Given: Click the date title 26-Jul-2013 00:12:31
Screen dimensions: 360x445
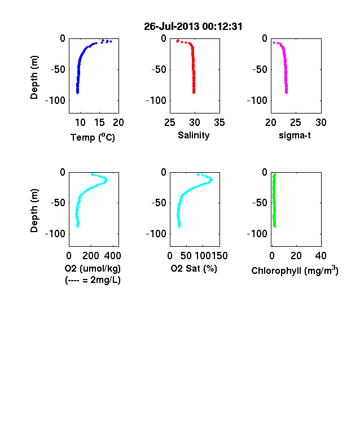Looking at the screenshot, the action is click(193, 27).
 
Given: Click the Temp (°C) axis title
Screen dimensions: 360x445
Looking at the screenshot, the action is click(93, 137).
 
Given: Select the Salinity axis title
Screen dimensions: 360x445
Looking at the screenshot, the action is click(194, 136).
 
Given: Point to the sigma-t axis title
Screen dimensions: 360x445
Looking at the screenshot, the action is click(295, 136).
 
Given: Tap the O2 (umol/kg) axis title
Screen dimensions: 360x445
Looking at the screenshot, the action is click(93, 268).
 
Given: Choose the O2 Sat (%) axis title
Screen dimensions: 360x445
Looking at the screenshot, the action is click(194, 268).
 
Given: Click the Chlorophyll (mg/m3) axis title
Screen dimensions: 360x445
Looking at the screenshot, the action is click(295, 270).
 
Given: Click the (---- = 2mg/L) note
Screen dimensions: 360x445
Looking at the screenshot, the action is click(93, 280).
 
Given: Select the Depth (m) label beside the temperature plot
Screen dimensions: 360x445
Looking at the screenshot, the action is click(34, 77).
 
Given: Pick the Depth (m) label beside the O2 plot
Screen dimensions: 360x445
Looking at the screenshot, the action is click(34, 211).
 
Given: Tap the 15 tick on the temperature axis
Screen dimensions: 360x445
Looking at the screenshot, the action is click(99, 123).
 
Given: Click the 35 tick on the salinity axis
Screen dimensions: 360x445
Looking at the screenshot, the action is click(219, 123).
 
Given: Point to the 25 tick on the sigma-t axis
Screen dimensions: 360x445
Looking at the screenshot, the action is click(295, 123).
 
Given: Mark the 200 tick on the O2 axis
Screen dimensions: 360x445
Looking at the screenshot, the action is click(91, 256).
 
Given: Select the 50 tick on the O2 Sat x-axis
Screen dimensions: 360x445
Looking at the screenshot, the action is click(186, 256).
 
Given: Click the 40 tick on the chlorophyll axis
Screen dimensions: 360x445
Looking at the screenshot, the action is click(321, 256).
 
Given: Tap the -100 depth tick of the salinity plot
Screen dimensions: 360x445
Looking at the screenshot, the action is click(156, 101).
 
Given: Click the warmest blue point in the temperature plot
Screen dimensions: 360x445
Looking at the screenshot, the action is click(111, 41).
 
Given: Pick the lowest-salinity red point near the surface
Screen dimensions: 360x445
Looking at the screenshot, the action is click(178, 41).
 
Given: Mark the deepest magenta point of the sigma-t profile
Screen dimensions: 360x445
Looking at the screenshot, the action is click(286, 93).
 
